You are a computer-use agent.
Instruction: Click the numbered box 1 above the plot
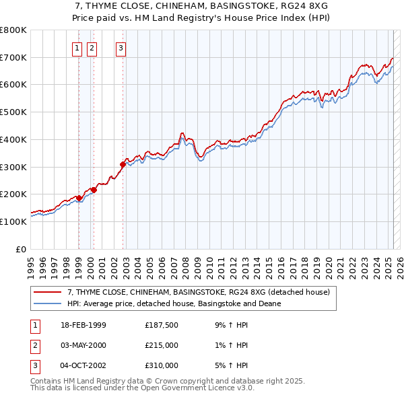pos(77,48)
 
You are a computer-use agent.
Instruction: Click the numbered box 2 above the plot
pos(92,48)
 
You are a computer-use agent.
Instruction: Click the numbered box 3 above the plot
pos(121,48)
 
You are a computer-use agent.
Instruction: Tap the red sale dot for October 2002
pos(123,164)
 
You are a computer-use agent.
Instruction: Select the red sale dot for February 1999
pos(79,198)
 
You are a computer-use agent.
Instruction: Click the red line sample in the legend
pos(47,293)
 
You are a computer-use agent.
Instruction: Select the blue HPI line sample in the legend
pos(47,304)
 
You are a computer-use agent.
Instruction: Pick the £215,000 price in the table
pos(162,345)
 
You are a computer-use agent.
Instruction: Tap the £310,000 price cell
pos(162,365)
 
